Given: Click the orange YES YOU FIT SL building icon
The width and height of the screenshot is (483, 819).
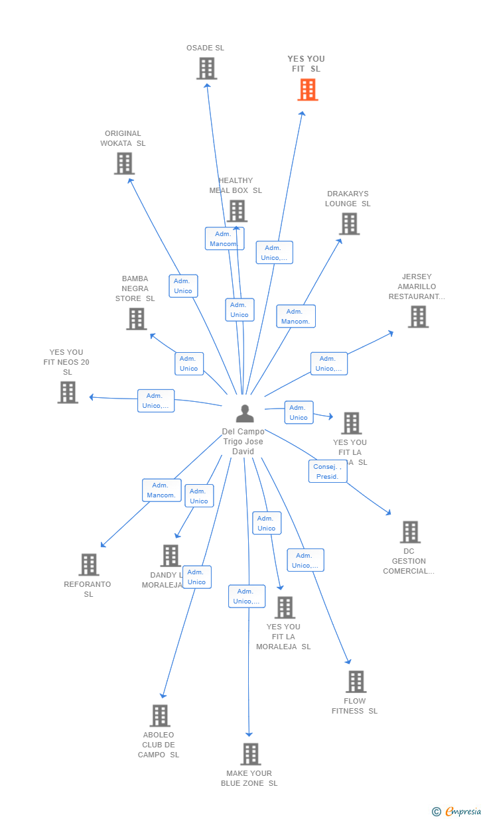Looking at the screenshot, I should (x=308, y=90).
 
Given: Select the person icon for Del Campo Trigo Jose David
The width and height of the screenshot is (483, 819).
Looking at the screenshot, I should (x=245, y=414).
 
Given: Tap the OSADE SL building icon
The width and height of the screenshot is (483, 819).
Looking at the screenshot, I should (x=206, y=68).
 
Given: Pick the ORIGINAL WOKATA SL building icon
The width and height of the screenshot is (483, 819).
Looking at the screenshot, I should (x=124, y=163).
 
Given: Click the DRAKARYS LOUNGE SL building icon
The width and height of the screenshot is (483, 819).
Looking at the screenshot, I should (x=349, y=224).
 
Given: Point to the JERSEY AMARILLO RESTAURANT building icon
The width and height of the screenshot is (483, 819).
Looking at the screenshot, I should (x=418, y=317).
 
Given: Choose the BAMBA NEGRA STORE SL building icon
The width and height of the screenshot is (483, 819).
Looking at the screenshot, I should (x=137, y=319).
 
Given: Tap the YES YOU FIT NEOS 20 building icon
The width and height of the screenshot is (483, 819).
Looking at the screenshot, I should (x=68, y=393).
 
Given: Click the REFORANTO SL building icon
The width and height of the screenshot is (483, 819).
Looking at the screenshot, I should (x=88, y=565).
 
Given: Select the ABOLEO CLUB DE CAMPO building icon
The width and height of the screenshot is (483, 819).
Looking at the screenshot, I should (x=160, y=716).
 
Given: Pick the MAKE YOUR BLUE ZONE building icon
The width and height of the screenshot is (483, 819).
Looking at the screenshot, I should (x=250, y=754).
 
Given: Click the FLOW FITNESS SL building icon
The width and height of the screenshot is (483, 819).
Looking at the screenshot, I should (x=356, y=682).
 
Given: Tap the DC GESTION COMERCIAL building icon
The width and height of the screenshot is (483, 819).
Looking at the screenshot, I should (x=410, y=532).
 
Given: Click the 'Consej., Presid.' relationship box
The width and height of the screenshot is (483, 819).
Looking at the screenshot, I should (x=327, y=472).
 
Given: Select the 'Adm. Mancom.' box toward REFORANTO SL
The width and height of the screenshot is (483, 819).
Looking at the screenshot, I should (x=161, y=490).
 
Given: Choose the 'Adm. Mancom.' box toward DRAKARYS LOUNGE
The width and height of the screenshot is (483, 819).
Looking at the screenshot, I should (x=295, y=316).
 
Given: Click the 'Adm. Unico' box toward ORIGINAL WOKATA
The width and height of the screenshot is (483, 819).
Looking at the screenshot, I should (x=183, y=286).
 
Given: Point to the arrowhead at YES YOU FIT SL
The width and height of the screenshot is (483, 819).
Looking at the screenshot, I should (x=303, y=113).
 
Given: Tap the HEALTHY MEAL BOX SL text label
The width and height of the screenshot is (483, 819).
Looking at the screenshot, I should (x=236, y=186).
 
